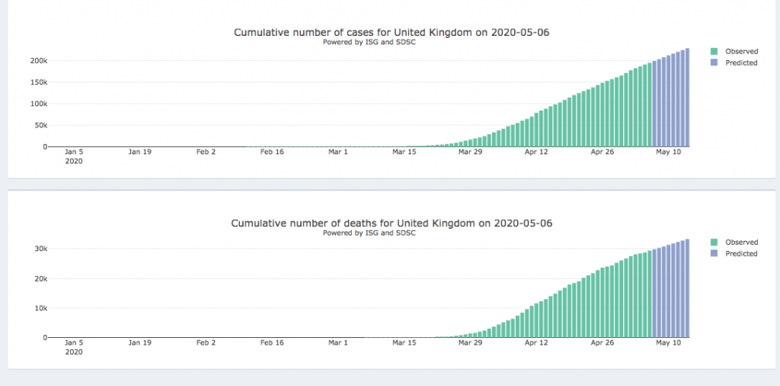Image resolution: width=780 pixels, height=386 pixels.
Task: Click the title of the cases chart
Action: click(391, 32)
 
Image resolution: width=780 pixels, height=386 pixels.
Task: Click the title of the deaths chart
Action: click(391, 224)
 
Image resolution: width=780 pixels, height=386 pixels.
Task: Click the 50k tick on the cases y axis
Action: click(40, 125)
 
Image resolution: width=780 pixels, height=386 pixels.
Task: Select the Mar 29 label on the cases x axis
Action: click(470, 152)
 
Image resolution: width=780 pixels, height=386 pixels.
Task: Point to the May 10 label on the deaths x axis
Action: click(668, 343)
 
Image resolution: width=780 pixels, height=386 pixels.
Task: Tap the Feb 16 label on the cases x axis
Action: click(272, 152)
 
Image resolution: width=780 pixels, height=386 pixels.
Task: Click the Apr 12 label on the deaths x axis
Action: click(536, 343)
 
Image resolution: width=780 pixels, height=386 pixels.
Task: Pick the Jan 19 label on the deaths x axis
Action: click(139, 343)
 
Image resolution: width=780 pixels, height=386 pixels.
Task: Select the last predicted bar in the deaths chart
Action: click(687, 288)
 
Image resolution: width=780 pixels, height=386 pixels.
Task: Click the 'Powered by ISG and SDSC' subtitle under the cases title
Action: click(369, 42)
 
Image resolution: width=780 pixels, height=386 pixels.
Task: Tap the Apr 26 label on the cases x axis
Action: click(603, 152)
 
